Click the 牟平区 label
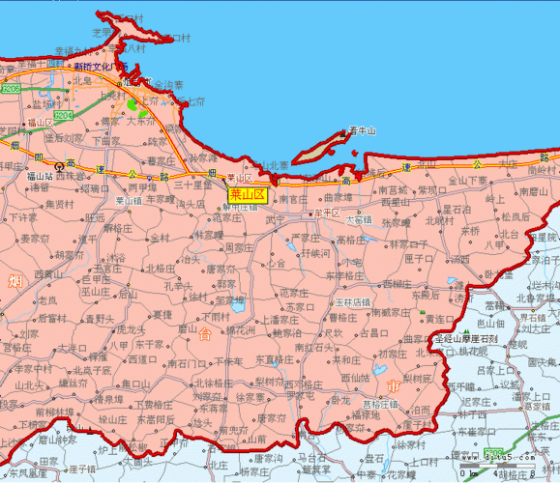(326, 212)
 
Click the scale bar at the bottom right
(513, 470)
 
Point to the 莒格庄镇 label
(379, 404)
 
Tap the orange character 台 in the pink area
(205, 335)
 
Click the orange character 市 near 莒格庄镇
(393, 386)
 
